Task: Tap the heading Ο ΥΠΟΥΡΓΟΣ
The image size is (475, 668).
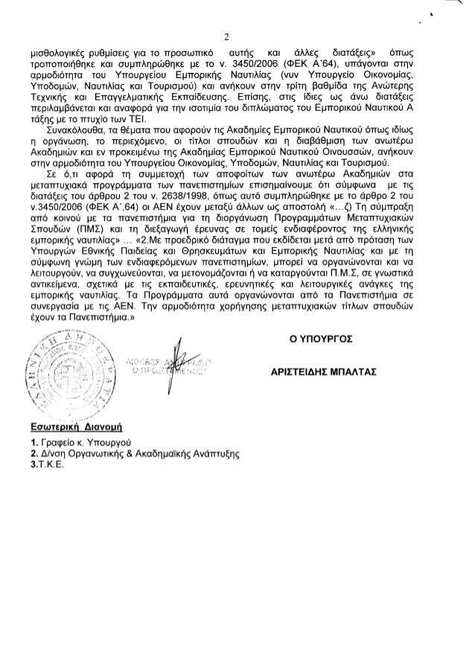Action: coord(322,338)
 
